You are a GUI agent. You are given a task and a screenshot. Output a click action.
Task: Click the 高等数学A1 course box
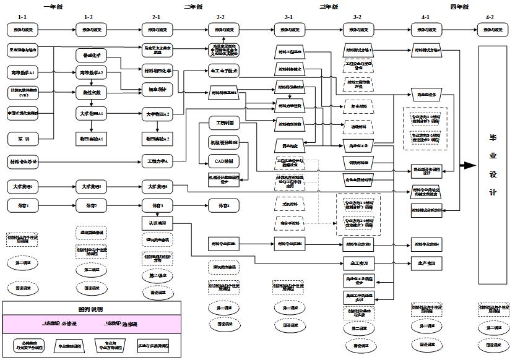[23, 72]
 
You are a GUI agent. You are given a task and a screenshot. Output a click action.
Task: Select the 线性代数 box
[92, 92]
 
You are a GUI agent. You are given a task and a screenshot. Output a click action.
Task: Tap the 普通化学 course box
[92, 55]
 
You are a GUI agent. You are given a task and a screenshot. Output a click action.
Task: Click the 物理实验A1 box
[92, 138]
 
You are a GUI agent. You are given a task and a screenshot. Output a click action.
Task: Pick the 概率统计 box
[157, 89]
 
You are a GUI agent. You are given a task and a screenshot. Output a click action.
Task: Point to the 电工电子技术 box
[223, 71]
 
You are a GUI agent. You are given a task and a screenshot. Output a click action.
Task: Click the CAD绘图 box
[223, 161]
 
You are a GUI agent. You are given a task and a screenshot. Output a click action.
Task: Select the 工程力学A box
[157, 161]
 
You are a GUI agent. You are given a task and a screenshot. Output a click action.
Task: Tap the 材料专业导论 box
[23, 161]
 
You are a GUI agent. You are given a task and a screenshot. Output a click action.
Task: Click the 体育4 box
[223, 205]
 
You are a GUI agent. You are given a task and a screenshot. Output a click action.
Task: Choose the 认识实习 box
[157, 222]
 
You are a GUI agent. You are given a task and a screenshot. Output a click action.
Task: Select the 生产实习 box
[426, 263]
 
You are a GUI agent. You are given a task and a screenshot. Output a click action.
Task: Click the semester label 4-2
[490, 17]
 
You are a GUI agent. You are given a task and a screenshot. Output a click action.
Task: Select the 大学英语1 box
[23, 186]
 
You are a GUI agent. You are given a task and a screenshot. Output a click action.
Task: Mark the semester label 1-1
[22, 17]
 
